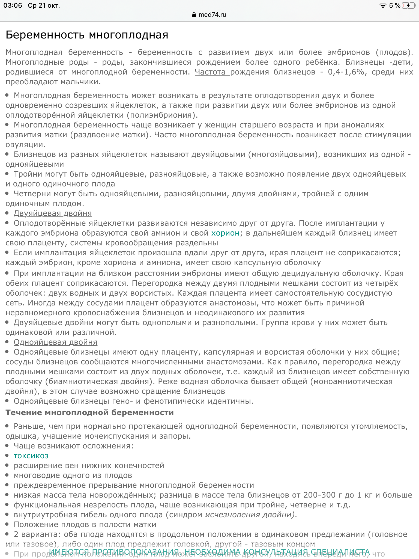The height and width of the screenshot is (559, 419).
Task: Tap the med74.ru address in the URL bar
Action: [x=212, y=15]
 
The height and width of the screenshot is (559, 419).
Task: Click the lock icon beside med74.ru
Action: [x=194, y=15]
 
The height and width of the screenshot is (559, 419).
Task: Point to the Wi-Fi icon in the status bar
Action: [x=383, y=5]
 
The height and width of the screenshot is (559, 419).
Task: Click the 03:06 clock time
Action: [x=13, y=5]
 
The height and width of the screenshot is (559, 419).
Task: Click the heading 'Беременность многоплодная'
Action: [x=87, y=35]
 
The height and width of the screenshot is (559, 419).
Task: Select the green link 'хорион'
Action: [x=225, y=233]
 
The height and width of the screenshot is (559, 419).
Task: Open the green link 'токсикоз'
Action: [x=31, y=456]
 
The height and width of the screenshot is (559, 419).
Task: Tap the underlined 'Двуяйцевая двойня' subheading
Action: [x=53, y=213]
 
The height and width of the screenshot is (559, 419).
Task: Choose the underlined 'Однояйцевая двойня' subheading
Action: [x=55, y=342]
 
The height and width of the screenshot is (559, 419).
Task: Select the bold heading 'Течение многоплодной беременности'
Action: [x=90, y=413]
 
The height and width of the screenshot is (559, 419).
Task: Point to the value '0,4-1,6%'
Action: [x=346, y=72]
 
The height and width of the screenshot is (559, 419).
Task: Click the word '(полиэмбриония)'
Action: [x=162, y=115]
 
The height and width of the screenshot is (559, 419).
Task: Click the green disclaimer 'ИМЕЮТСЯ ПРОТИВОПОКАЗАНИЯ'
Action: [x=114, y=552]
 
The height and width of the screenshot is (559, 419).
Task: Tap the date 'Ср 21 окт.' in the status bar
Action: [x=44, y=5]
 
